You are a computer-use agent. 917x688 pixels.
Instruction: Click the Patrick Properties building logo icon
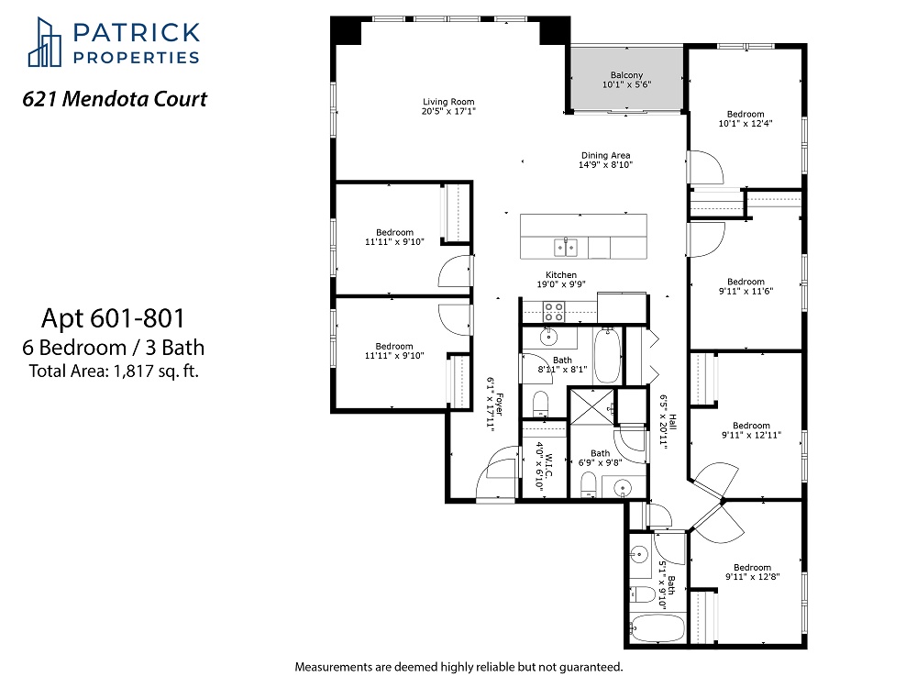click(44, 42)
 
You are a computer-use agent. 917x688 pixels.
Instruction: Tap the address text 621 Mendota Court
click(115, 99)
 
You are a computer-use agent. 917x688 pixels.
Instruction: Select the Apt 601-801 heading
click(113, 318)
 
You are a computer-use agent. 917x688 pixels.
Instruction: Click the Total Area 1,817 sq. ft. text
click(114, 371)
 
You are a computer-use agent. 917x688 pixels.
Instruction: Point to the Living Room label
click(448, 105)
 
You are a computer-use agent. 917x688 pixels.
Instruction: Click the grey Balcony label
click(626, 80)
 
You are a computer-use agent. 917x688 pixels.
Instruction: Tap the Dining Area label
click(606, 160)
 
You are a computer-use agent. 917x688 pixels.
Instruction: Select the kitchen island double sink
click(566, 248)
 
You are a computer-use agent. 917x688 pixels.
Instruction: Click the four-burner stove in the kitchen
click(554, 311)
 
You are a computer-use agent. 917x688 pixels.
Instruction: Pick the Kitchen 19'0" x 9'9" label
click(561, 279)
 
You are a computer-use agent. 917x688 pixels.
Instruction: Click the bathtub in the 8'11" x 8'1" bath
click(608, 356)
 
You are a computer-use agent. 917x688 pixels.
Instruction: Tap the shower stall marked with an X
click(591, 406)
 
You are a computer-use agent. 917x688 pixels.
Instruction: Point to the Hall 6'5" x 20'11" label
click(668, 419)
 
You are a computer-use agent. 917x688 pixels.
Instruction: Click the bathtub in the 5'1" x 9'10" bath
click(657, 629)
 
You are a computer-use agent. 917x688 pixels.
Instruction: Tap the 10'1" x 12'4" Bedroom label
click(746, 118)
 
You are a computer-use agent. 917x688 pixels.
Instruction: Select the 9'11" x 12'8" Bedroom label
click(753, 571)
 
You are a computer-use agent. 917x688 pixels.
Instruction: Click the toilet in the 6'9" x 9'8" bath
click(589, 485)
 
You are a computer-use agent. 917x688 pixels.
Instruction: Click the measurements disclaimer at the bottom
click(459, 666)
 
